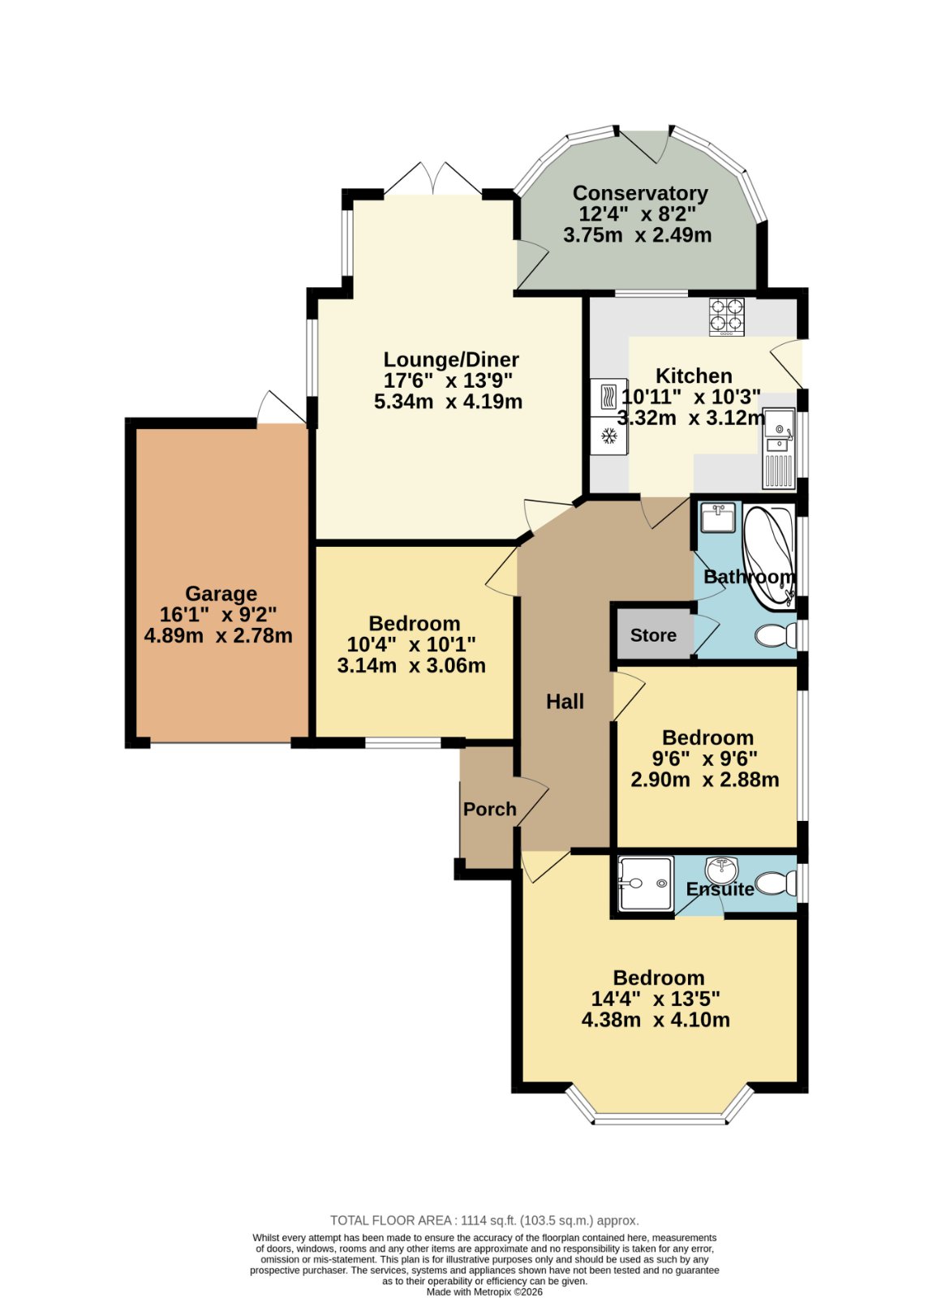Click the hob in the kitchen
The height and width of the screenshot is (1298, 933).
tap(727, 317)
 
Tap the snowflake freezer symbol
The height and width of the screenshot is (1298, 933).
tap(608, 436)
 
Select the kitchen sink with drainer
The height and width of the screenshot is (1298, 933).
tap(778, 448)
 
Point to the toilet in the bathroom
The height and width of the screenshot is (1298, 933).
tap(775, 636)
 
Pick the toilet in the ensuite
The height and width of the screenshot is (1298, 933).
tap(776, 884)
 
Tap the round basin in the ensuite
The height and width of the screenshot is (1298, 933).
tap(721, 869)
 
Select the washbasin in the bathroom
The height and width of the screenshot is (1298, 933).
tap(718, 517)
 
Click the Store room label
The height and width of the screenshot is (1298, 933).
tap(653, 636)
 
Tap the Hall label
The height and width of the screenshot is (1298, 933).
tap(565, 703)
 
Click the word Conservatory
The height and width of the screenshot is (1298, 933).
tap(640, 193)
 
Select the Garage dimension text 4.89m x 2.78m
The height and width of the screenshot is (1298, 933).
tap(218, 636)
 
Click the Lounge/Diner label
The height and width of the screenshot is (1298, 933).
tap(451, 360)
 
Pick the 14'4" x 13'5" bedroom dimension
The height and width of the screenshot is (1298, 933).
tap(656, 999)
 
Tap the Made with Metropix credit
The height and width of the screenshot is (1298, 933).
tap(484, 1292)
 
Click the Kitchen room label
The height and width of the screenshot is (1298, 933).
tap(694, 376)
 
